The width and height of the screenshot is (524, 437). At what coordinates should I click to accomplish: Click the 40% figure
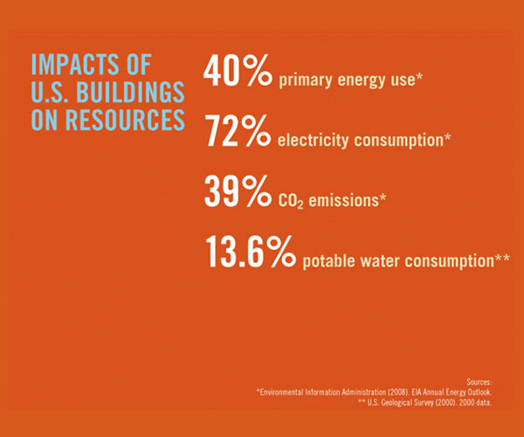pyautogui.click(x=238, y=73)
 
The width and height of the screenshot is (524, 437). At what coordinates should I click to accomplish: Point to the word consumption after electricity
pyautogui.click(x=409, y=140)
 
